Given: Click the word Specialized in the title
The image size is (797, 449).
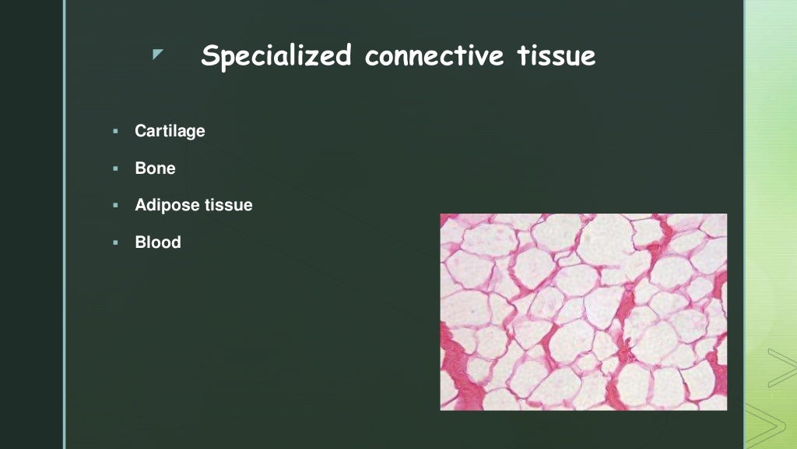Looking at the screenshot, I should click(x=276, y=56).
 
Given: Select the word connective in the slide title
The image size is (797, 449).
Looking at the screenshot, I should click(x=434, y=56).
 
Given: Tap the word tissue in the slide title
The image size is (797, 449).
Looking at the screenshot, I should click(x=556, y=56).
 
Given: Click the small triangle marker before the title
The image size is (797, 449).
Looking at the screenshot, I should click(x=158, y=54).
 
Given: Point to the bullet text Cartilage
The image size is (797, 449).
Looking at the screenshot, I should click(x=170, y=131).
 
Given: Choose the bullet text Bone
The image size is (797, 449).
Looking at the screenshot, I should click(x=155, y=168).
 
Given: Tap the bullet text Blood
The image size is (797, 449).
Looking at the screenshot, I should click(x=158, y=242).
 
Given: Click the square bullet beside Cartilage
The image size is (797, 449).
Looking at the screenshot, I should click(x=114, y=131).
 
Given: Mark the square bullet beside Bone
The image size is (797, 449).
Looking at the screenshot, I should click(x=114, y=168).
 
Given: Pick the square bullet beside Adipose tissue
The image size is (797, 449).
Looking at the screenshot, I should click(x=114, y=206).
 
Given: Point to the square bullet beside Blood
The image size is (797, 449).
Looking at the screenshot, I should click(x=114, y=242).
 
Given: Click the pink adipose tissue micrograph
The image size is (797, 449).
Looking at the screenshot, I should click(x=583, y=312).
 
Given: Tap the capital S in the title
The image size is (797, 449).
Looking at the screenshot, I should click(x=210, y=56).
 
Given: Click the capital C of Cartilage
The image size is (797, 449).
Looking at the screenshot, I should click(x=141, y=131).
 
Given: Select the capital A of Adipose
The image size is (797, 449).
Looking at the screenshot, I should click(x=141, y=206).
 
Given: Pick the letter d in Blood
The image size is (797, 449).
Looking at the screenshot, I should click(x=176, y=242).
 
